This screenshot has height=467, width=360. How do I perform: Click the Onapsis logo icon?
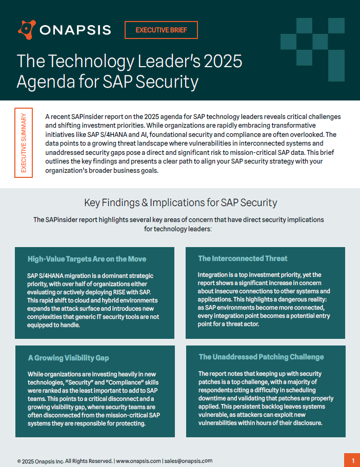click(27, 29)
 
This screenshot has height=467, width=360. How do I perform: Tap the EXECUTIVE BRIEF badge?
click(161, 30)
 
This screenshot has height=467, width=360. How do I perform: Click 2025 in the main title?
click(220, 61)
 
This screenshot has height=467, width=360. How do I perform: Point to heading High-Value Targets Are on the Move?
click(87, 259)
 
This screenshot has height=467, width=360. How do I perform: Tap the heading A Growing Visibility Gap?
click(68, 357)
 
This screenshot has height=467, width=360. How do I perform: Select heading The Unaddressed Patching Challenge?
click(261, 357)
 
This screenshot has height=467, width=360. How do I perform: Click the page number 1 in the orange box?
click(352, 459)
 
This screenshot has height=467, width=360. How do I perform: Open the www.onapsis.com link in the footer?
click(138, 461)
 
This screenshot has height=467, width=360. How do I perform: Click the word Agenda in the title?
click(46, 82)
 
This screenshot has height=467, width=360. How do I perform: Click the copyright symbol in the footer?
click(19, 461)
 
